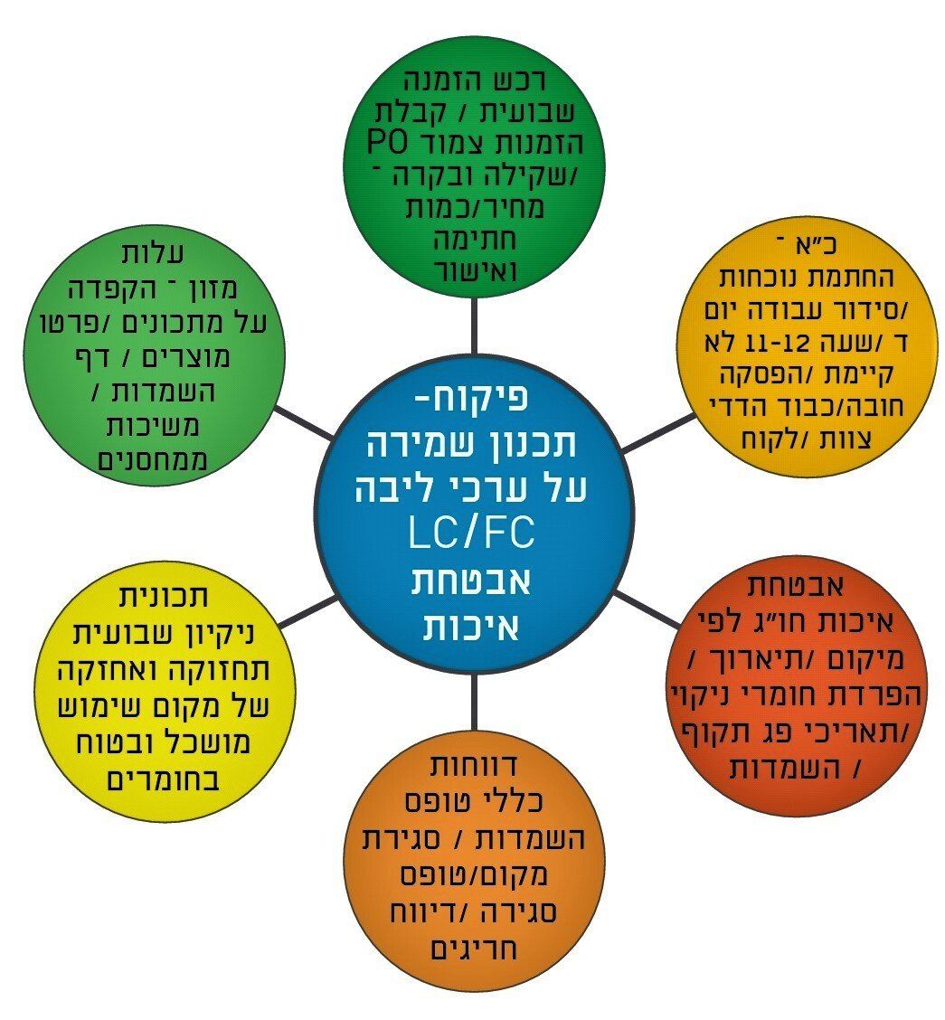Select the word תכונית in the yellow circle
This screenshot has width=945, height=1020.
tap(165, 598)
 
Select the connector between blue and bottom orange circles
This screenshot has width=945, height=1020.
tap(473, 694)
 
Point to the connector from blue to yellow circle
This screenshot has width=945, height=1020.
tap(307, 612)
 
